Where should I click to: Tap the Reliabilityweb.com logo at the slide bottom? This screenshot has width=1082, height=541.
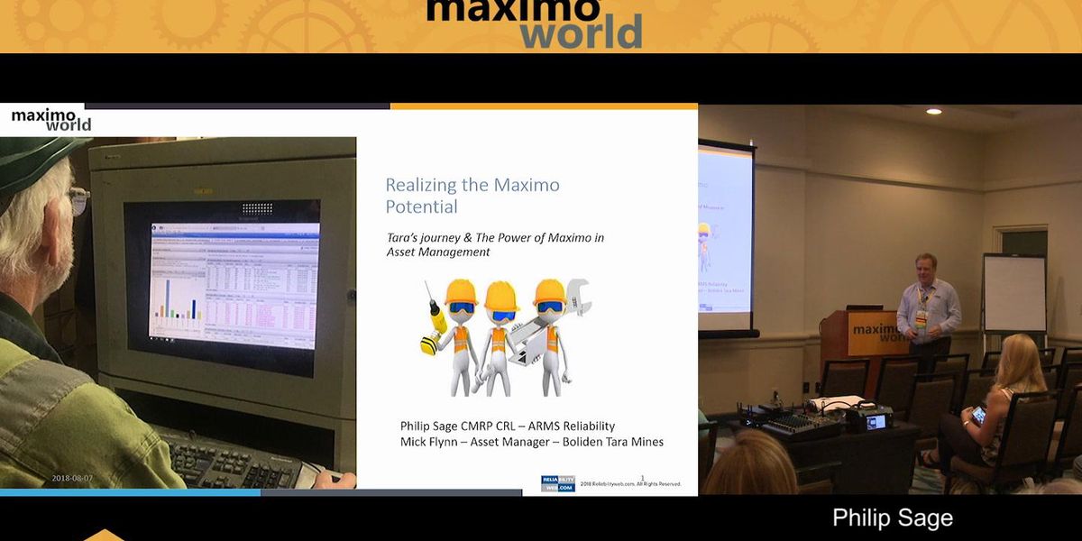click(557, 483)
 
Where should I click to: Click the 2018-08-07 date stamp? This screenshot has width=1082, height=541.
click(72, 478)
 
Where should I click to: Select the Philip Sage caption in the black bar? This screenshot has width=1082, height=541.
click(892, 518)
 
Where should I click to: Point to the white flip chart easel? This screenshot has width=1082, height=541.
click(1013, 293)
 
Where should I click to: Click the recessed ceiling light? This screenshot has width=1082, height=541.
click(933, 111)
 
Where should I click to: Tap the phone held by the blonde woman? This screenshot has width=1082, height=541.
click(978, 415)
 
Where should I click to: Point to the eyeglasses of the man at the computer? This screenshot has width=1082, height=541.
click(79, 199)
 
